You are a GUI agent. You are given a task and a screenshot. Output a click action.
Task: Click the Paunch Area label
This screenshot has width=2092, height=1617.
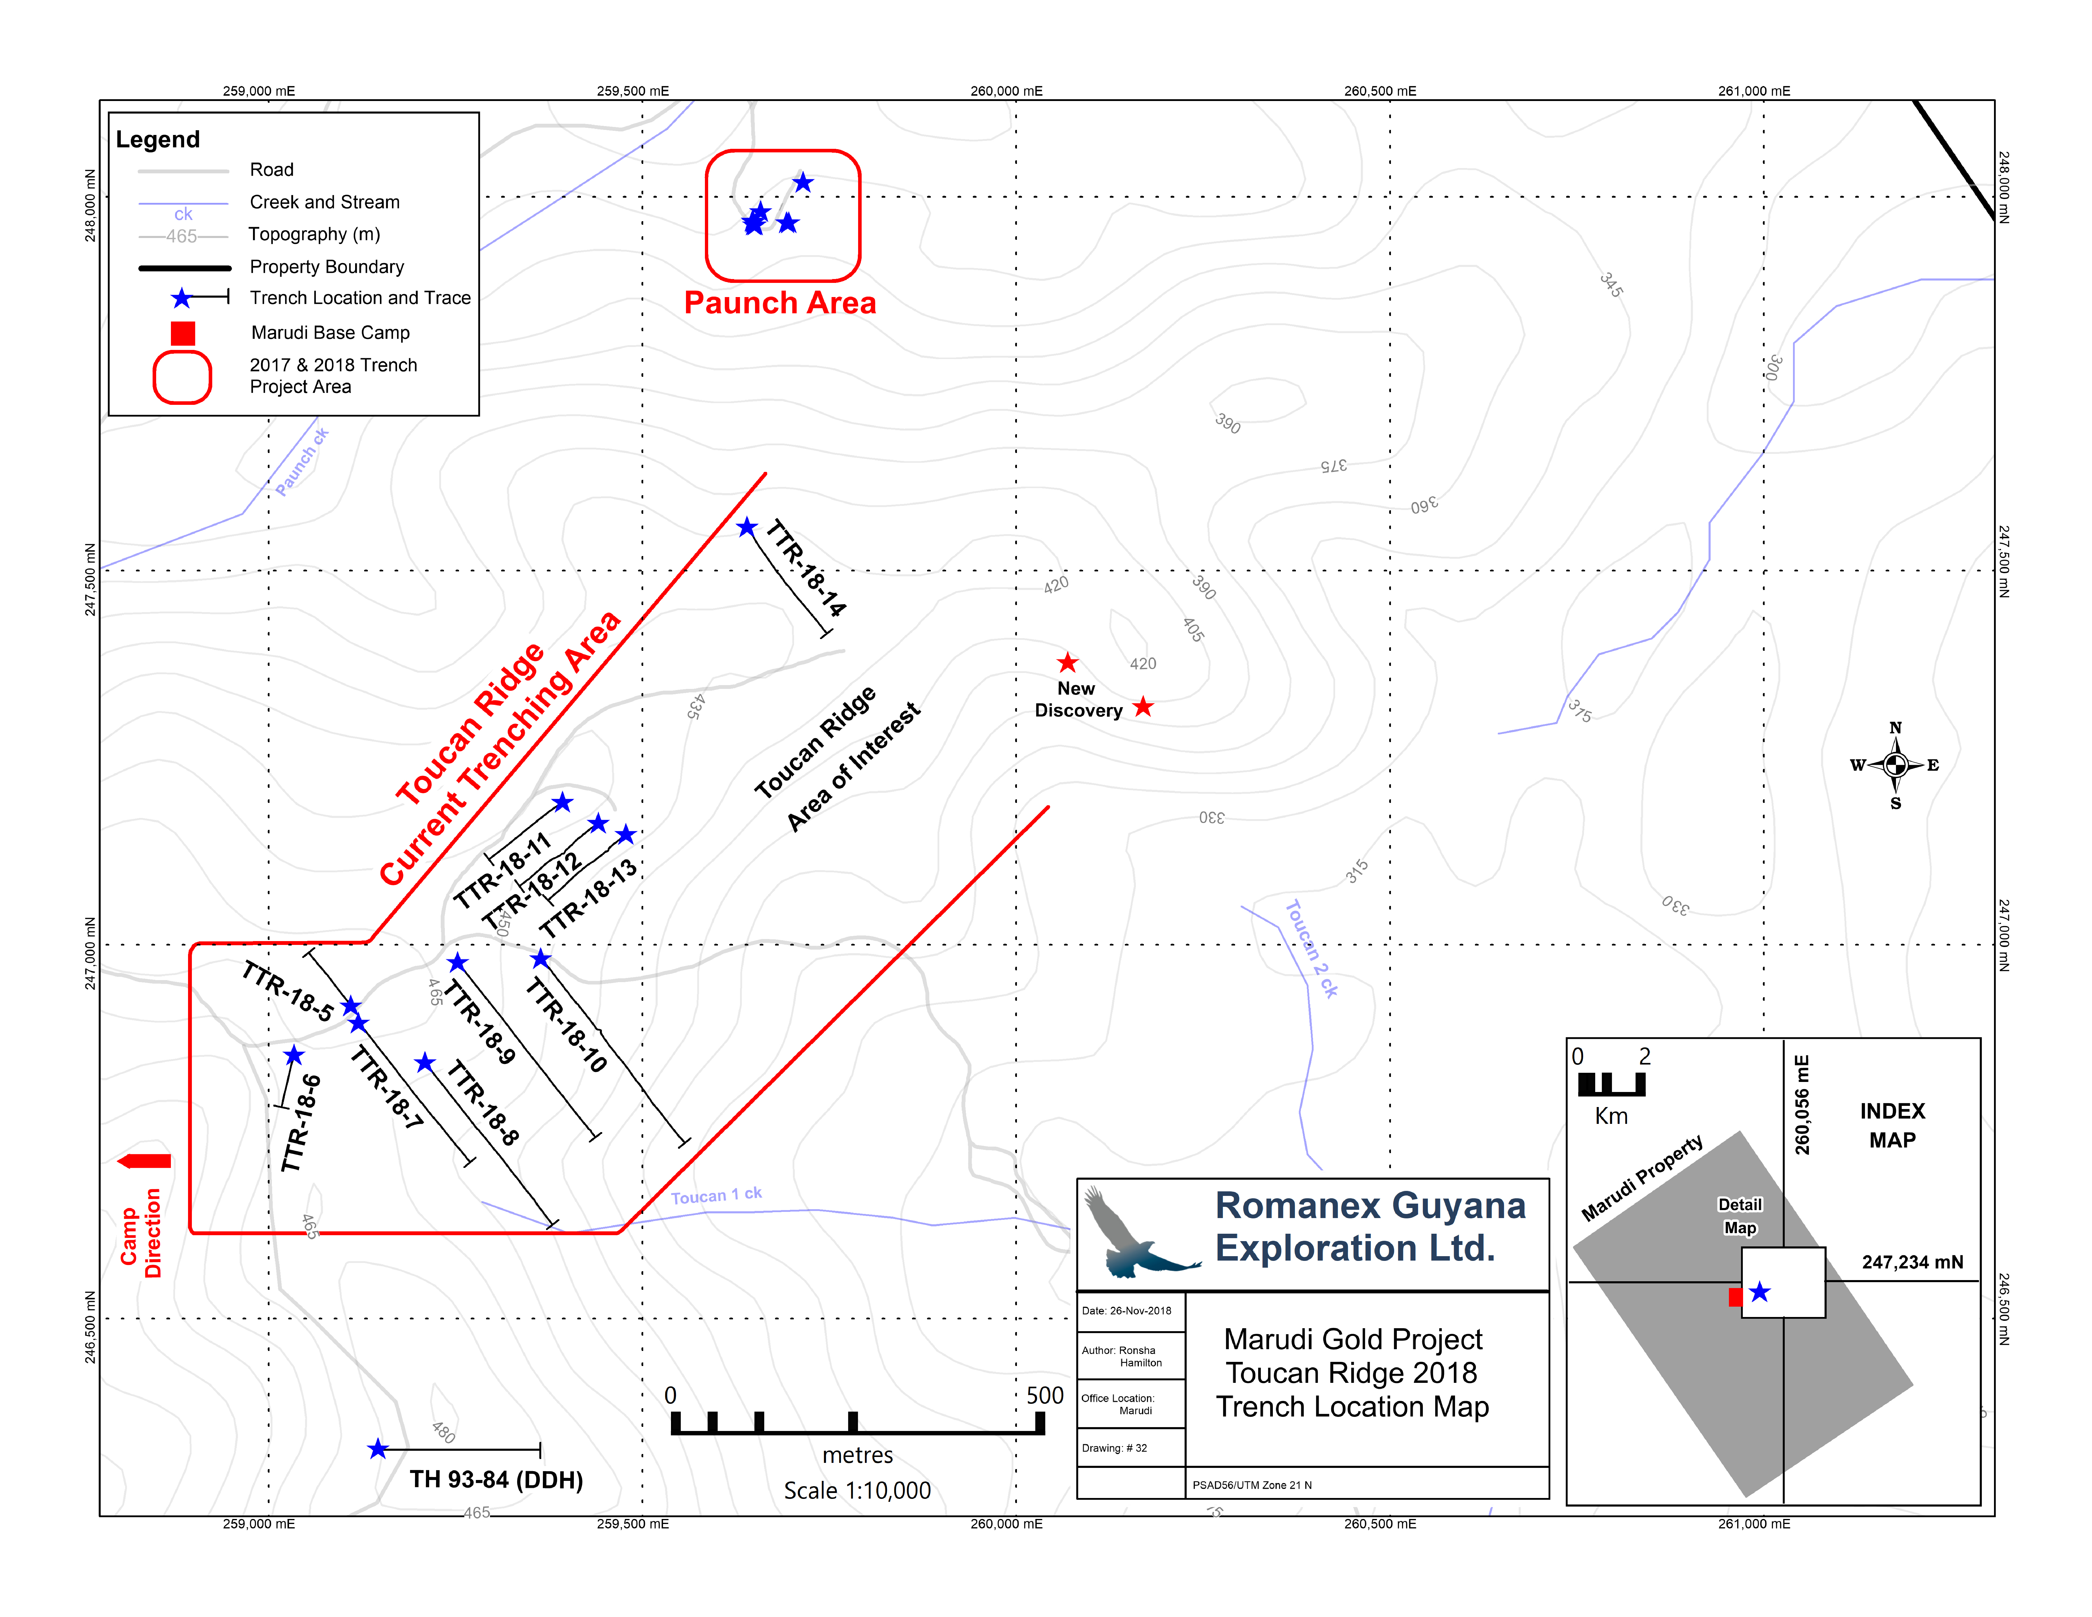pos(780,303)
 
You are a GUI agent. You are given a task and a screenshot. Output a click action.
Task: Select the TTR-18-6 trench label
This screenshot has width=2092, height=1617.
pos(301,1123)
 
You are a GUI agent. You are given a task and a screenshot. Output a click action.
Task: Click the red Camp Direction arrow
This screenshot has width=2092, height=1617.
pos(144,1161)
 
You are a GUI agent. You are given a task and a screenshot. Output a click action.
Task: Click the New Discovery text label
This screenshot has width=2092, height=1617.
pos(1078,699)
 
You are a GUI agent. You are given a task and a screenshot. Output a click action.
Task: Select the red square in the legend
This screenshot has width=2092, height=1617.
pos(183,332)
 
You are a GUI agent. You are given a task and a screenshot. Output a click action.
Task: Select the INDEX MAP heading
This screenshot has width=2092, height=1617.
pos(1893,1126)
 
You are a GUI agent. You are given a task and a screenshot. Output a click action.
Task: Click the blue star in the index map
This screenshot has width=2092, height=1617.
pos(1760,1292)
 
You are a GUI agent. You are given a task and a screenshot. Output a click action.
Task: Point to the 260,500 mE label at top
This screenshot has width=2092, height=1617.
pos(1380,91)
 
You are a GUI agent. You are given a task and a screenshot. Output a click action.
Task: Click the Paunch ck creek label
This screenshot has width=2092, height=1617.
pos(302,462)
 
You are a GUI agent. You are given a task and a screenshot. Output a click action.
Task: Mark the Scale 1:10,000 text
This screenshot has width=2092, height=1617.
pos(857,1491)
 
